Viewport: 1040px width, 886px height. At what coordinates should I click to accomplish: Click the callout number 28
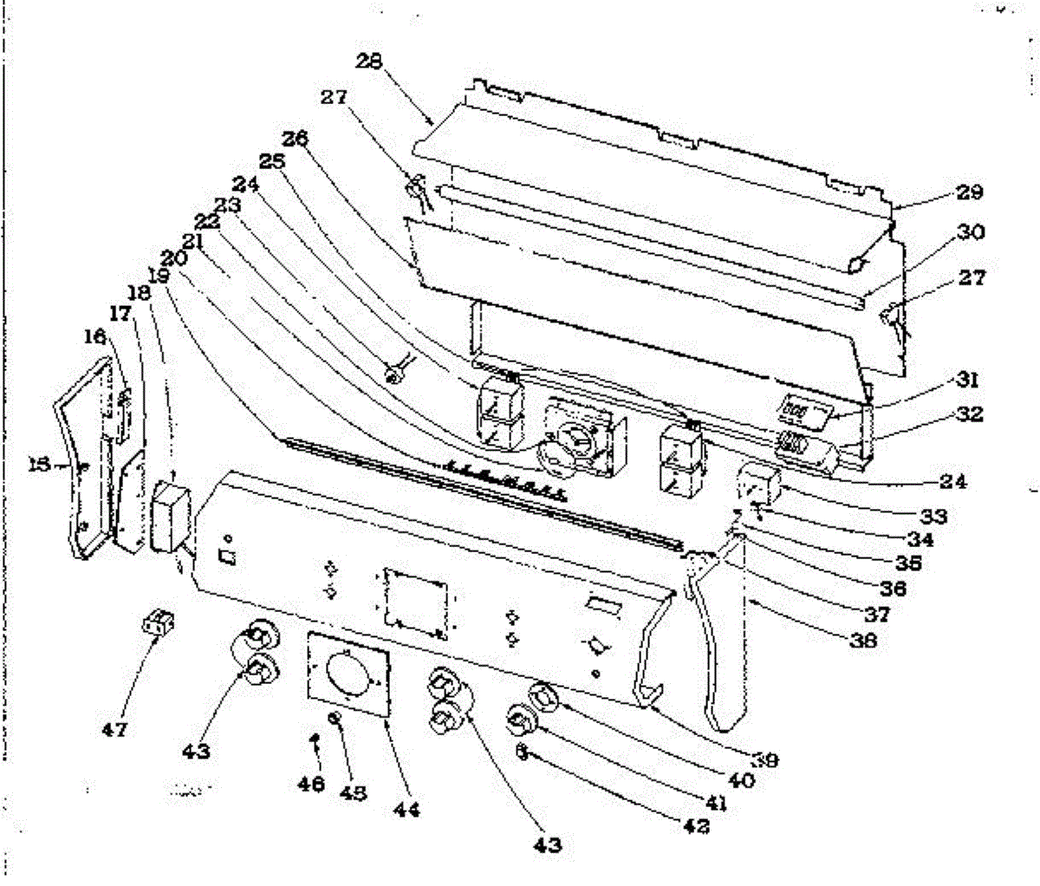coord(370,61)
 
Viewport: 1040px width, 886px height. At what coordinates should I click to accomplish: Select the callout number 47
coord(114,730)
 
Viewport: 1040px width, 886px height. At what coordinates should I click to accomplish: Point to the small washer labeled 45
coord(334,718)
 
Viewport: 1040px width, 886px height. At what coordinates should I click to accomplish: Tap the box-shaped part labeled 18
coord(171,518)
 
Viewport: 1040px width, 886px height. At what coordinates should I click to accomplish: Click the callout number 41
coord(715,803)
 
